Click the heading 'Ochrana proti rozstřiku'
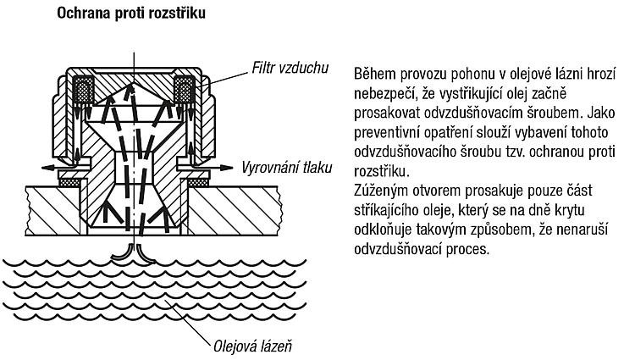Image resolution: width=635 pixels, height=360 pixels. click(x=130, y=13)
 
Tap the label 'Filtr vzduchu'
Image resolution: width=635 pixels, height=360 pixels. click(x=290, y=68)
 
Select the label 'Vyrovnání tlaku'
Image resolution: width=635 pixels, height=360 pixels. click(x=287, y=167)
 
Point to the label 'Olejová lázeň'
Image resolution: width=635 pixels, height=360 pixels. click(x=252, y=346)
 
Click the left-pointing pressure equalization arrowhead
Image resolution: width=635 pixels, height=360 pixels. click(x=47, y=167)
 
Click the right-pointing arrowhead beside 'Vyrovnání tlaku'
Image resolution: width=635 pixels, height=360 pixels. click(x=227, y=167)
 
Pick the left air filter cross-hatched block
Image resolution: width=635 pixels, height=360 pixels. click(x=83, y=90)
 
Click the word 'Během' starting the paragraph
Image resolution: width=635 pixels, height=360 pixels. click(x=374, y=74)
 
